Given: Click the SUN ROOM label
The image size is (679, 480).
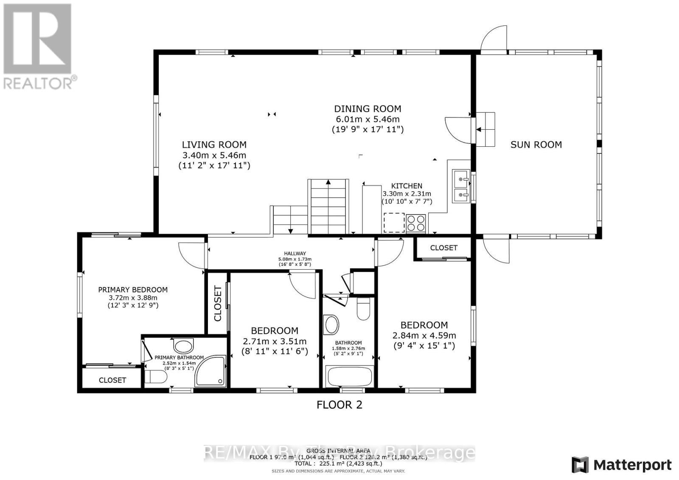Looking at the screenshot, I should click(536, 145).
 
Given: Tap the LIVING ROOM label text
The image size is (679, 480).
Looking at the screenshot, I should click(214, 145).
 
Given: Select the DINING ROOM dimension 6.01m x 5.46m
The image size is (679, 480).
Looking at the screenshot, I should click(367, 120).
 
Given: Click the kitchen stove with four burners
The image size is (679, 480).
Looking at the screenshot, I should click(416, 223).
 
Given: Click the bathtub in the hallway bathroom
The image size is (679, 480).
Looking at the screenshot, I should click(348, 377).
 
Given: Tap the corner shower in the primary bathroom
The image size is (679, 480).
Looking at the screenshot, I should click(210, 371).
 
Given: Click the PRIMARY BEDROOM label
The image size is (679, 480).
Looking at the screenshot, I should click(133, 290).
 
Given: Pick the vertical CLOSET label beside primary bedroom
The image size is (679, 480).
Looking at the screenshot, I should click(218, 304).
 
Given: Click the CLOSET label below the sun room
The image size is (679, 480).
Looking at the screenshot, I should click(444, 248).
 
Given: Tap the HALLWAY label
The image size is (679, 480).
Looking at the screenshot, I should click(295, 254).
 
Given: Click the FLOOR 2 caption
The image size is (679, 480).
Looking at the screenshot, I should click(339, 405).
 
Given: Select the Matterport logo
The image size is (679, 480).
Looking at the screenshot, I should click(621, 465).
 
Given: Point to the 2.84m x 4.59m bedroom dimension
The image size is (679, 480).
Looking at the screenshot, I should click(424, 335).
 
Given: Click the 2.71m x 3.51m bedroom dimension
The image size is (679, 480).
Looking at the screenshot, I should click(275, 341).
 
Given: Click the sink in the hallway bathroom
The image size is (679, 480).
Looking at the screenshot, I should click(331, 325).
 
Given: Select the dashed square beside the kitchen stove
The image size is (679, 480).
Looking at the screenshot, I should click(394, 223).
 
